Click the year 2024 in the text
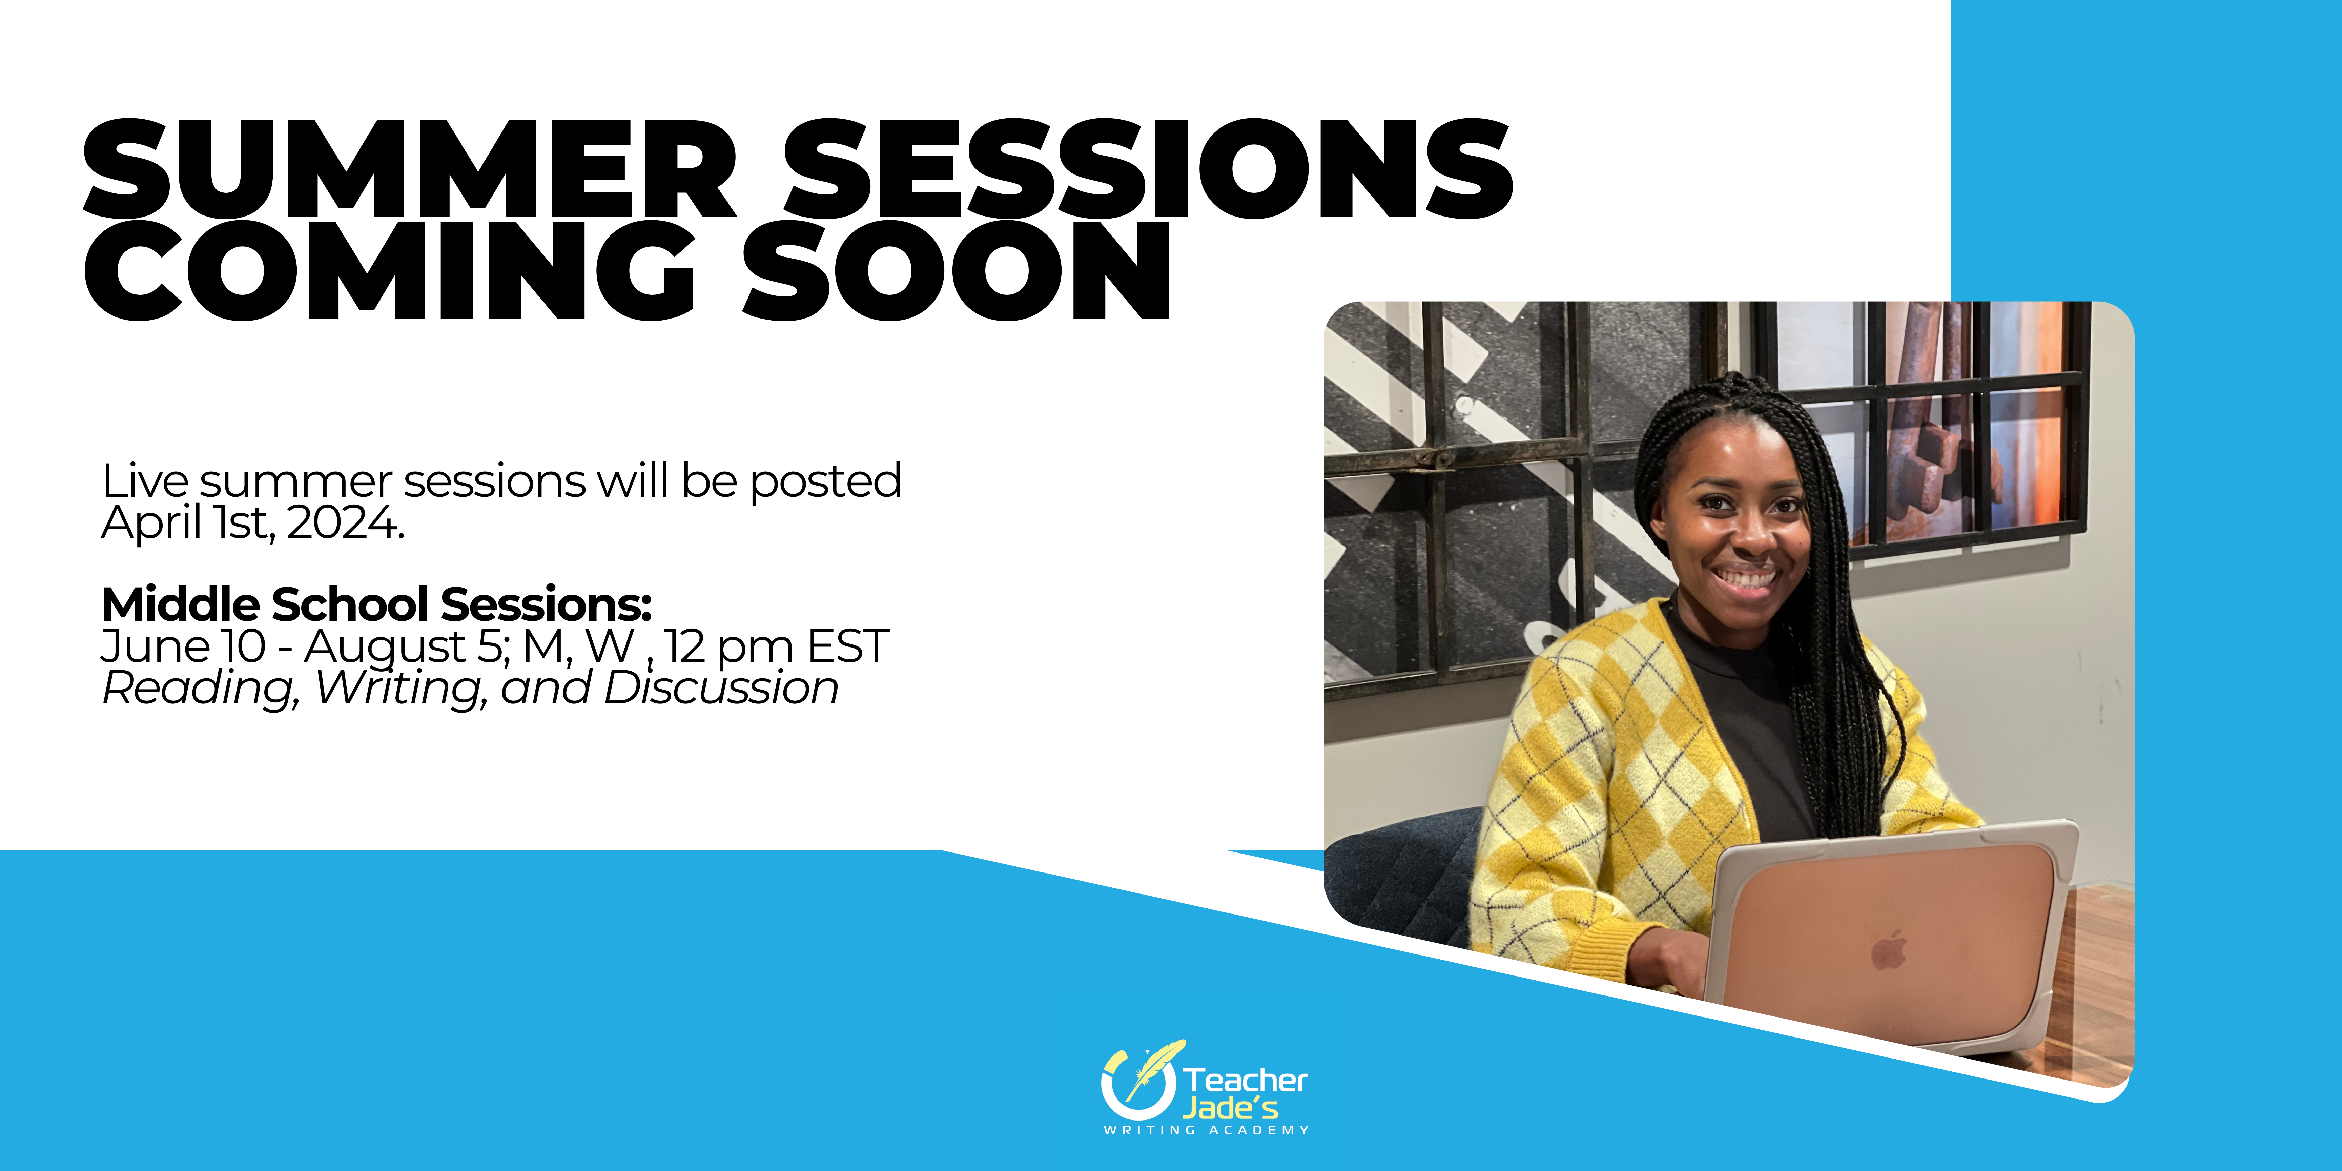pos(346,523)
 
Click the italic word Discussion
pos(721,688)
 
